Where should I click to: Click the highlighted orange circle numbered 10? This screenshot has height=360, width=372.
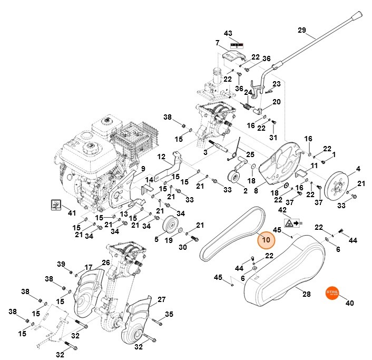tap(266, 240)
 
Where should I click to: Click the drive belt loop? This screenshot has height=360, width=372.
tap(230, 232)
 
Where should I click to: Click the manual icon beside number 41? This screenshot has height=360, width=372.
tap(56, 203)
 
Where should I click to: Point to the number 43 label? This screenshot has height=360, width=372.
tap(228, 33)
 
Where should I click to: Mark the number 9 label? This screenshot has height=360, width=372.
tap(142, 168)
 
